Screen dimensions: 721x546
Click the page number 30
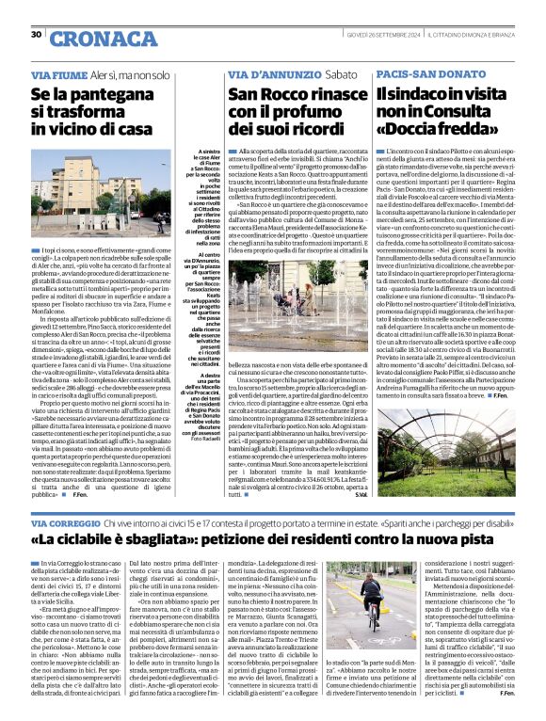tap(36, 35)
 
